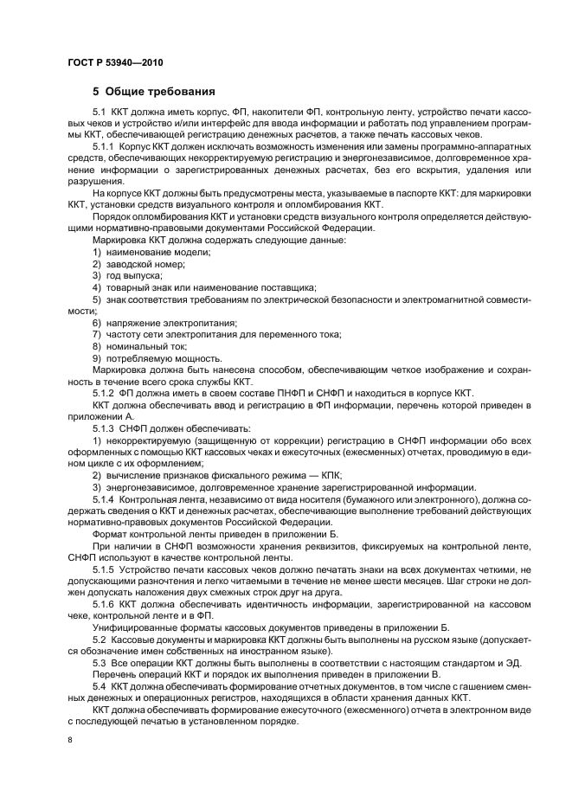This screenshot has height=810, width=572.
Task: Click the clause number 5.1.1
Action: (106, 147)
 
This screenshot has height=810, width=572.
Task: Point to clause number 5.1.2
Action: (106, 393)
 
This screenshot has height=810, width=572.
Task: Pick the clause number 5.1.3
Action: (106, 427)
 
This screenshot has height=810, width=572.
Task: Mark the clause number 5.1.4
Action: (106, 500)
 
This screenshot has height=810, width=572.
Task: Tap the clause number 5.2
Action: (101, 638)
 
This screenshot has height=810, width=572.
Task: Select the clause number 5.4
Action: (101, 685)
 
